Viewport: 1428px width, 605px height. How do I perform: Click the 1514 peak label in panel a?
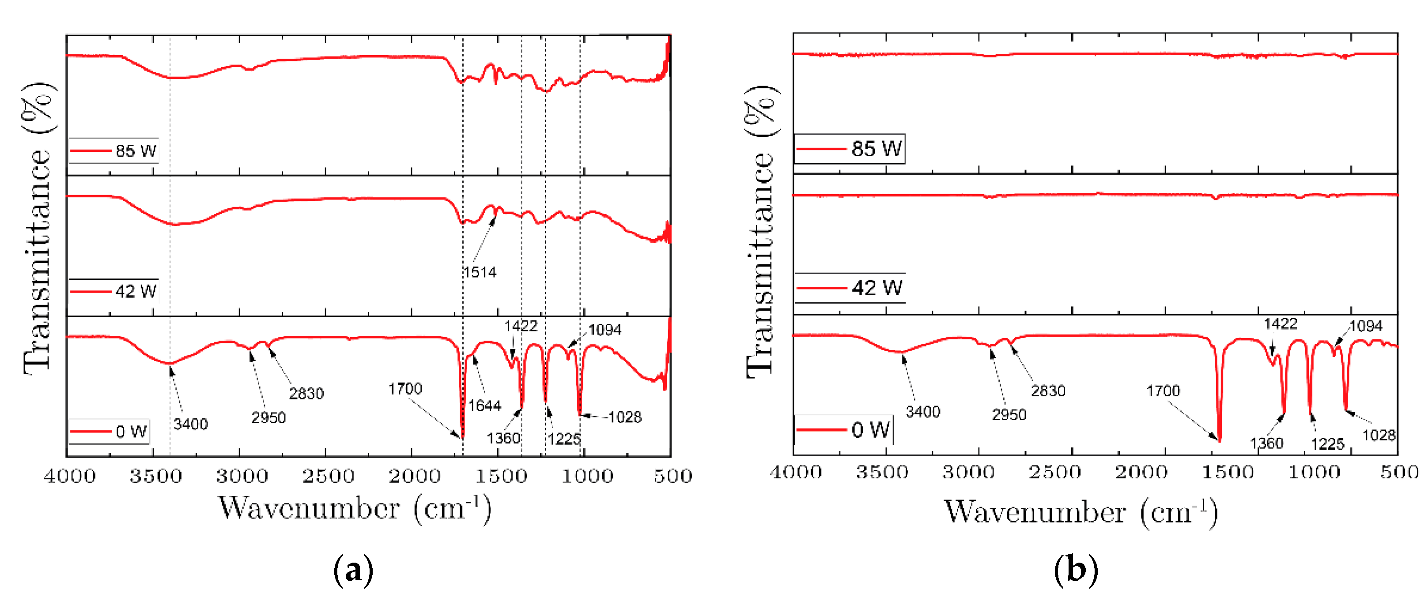click(x=480, y=272)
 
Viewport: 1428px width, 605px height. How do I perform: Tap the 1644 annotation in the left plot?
click(x=484, y=406)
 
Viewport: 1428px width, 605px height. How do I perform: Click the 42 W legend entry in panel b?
click(x=850, y=288)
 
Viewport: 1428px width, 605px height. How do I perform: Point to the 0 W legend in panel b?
click(x=844, y=430)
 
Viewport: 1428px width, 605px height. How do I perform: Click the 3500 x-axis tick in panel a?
click(x=156, y=476)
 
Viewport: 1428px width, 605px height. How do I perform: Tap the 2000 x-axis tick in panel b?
click(x=1141, y=473)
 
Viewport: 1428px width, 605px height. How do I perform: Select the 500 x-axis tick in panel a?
click(x=672, y=476)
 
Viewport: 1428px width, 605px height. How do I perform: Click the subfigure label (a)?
click(x=353, y=570)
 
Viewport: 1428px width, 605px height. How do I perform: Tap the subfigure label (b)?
click(x=1076, y=570)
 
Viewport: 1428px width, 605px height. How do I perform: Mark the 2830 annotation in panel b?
click(x=1048, y=391)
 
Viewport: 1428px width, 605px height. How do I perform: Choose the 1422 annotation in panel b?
click(x=1280, y=324)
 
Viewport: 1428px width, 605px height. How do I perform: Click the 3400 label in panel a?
click(x=190, y=425)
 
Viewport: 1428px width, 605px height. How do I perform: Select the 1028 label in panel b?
click(x=1379, y=436)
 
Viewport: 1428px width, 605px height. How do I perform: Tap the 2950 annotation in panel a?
click(x=268, y=418)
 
